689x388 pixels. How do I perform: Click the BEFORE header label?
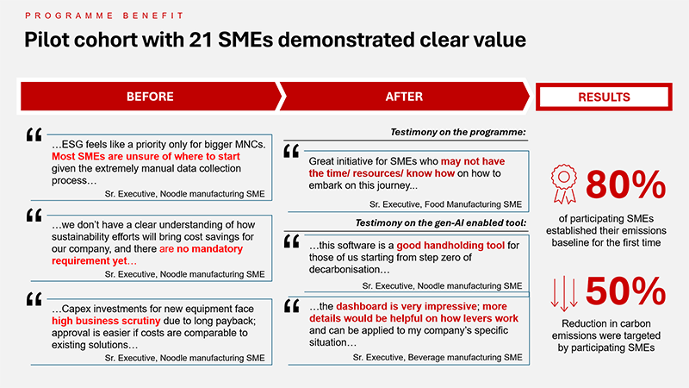pos(150,97)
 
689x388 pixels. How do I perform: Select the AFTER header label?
pos(404,97)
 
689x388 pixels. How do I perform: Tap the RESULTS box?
pos(604,97)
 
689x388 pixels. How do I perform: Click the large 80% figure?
pos(626,185)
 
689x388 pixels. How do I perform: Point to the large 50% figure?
pos(626,291)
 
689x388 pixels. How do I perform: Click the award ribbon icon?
pos(564,184)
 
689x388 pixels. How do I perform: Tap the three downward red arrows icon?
pos(564,291)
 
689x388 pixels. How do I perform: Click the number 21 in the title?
pos(201,40)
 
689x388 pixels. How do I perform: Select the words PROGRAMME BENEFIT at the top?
pos(104,16)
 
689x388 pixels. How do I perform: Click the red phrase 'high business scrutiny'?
pos(106,321)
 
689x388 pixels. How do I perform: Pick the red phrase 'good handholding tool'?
pos(450,246)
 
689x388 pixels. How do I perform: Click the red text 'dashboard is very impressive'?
pos(407,306)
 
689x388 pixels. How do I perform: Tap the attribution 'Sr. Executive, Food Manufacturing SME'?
pos(445,204)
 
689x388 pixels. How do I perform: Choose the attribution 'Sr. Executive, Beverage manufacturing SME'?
pos(438,358)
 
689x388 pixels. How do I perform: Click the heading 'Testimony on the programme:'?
pos(458,132)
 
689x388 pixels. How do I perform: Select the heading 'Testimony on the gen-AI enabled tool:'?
pos(441,223)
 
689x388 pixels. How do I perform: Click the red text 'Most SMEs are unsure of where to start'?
pos(146,157)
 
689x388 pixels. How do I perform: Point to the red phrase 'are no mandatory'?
pos(201,249)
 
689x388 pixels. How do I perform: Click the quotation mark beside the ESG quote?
pos(34,135)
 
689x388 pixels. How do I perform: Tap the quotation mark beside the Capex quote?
pos(34,299)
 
